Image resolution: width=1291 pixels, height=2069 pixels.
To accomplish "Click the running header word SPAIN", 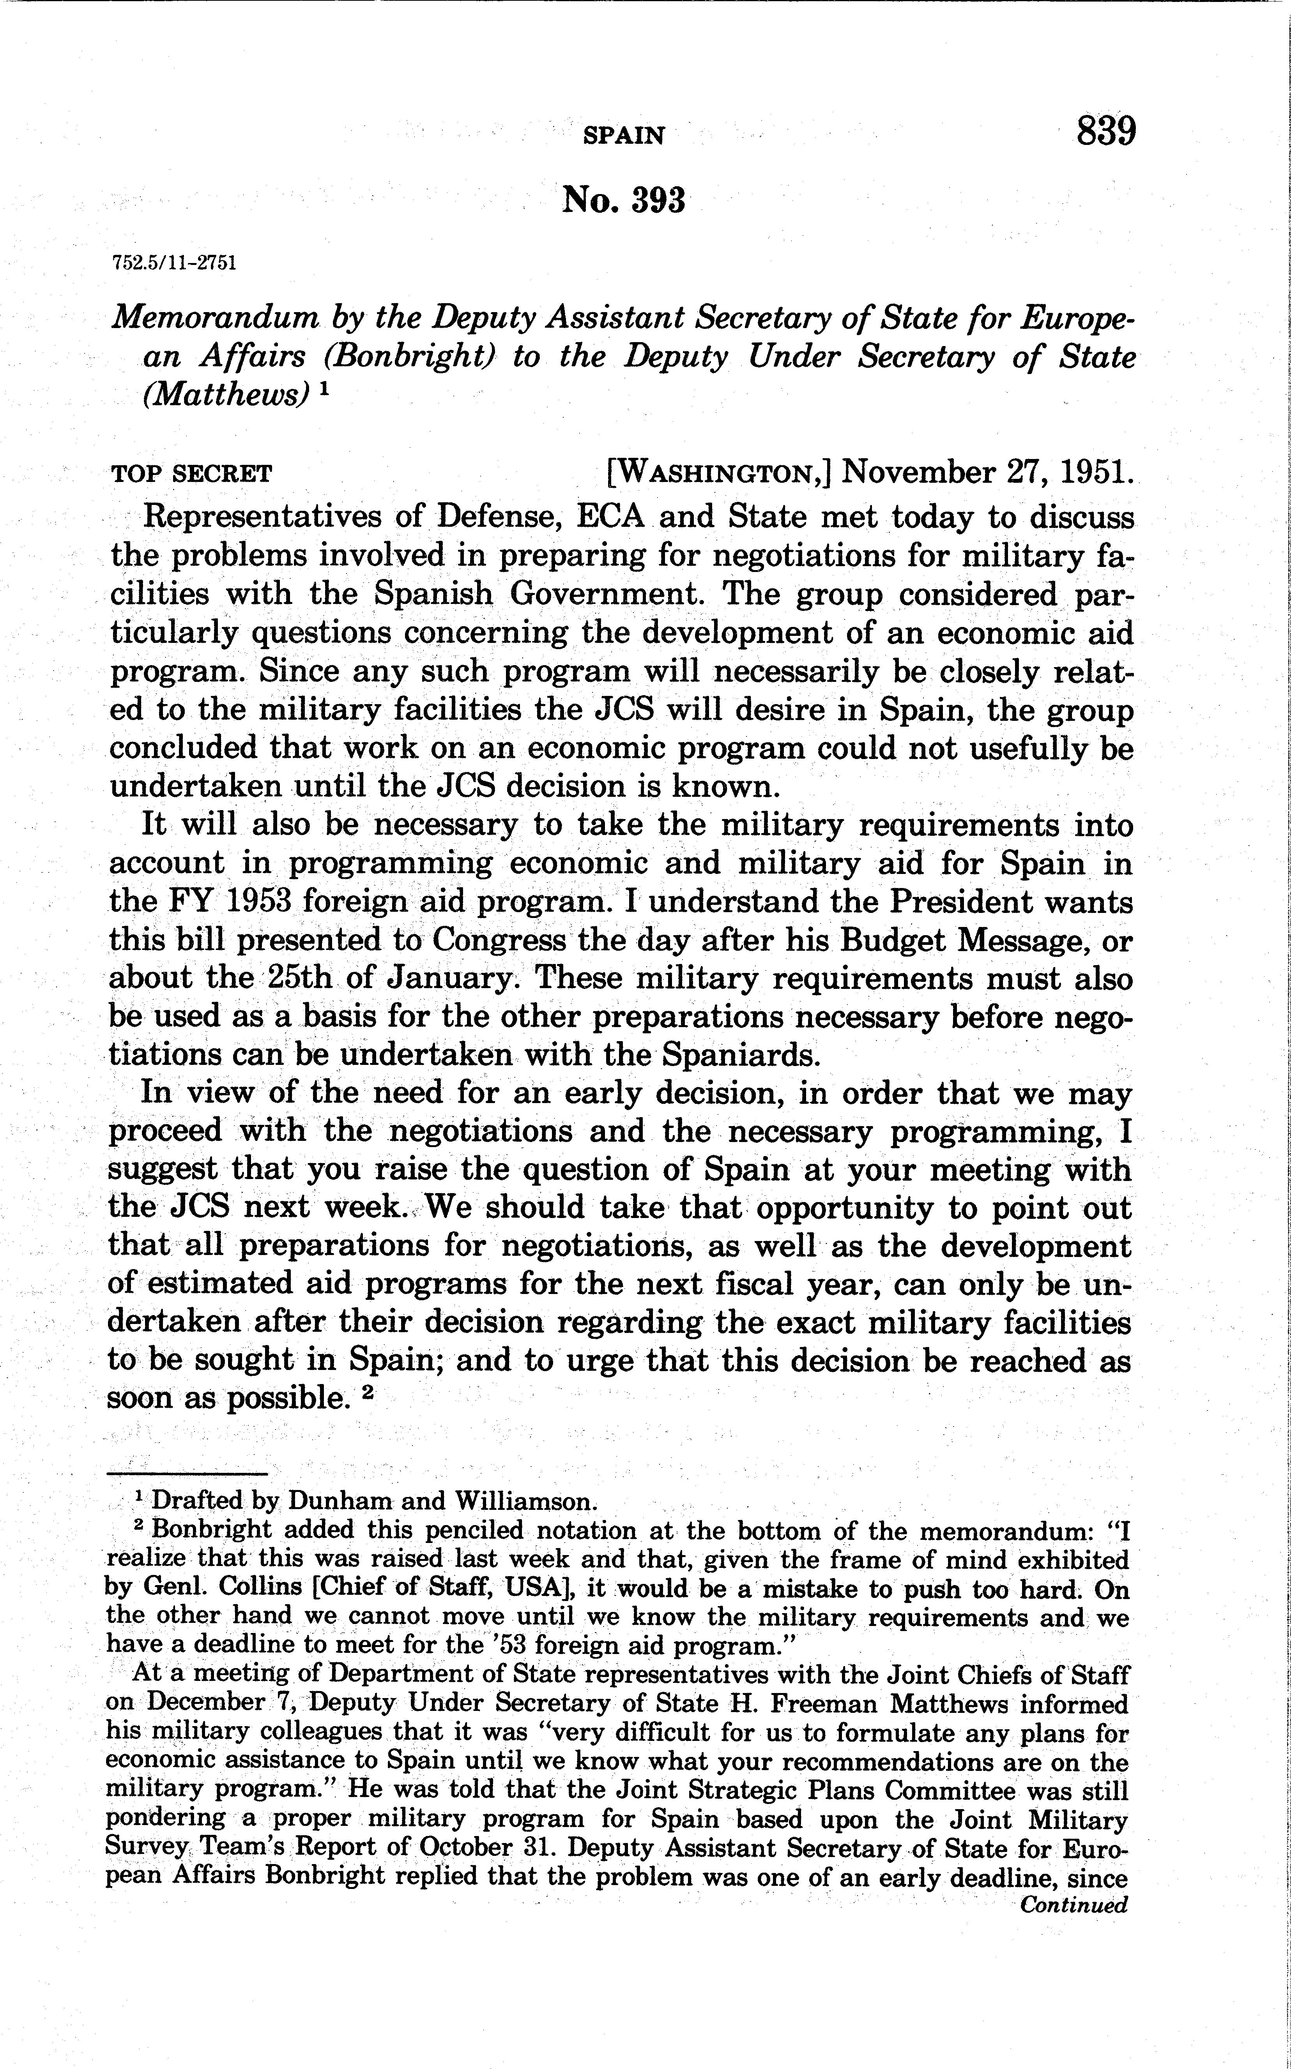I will tap(623, 135).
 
